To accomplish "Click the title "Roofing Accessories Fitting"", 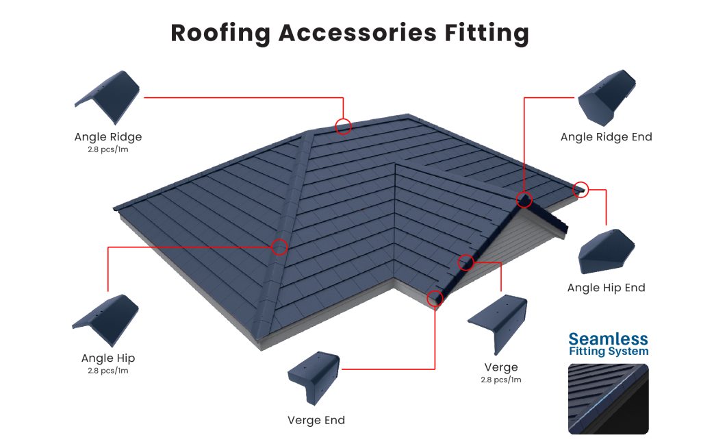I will (x=350, y=33).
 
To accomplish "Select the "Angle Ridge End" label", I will (x=606, y=137).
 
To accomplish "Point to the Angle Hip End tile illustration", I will (x=606, y=252).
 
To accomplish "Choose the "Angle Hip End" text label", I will (x=606, y=288).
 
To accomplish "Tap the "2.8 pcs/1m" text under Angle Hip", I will (x=107, y=371).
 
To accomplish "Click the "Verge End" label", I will (x=316, y=420).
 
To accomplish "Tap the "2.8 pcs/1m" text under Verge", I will (x=501, y=380).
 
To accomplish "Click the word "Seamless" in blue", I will (x=608, y=339).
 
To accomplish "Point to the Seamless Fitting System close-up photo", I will (x=608, y=399).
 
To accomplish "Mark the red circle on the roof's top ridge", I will (x=343, y=126).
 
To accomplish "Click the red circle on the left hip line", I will (x=279, y=247).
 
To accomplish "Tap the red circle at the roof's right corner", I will (x=581, y=189).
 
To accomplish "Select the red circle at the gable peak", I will (x=524, y=199).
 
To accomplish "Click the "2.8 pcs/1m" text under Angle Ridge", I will (x=107, y=149).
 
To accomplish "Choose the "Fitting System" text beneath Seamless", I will (x=608, y=352).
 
